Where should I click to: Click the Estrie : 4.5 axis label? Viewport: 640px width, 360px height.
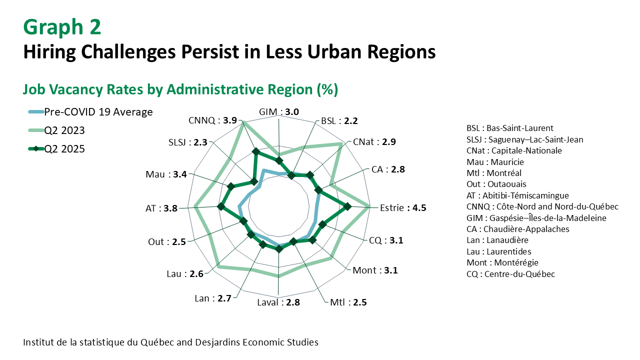pos(403,208)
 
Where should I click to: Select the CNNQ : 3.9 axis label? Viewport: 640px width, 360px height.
pos(212,120)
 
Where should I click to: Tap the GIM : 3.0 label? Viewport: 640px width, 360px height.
pos(279,111)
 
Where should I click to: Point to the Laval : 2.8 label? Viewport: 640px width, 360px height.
pos(278,302)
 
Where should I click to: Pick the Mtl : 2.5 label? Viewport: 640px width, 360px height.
pos(348,302)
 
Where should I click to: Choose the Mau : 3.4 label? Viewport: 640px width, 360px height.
pos(166,174)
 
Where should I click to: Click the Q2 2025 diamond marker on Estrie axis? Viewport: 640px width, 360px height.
pos(348,205)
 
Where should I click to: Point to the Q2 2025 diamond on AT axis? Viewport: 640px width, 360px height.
pos(220,206)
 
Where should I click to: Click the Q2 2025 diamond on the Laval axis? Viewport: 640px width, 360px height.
pos(279,249)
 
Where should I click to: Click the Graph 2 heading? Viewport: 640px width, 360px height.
pos(62,27)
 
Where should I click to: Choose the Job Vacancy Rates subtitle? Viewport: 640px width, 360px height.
pos(180,89)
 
